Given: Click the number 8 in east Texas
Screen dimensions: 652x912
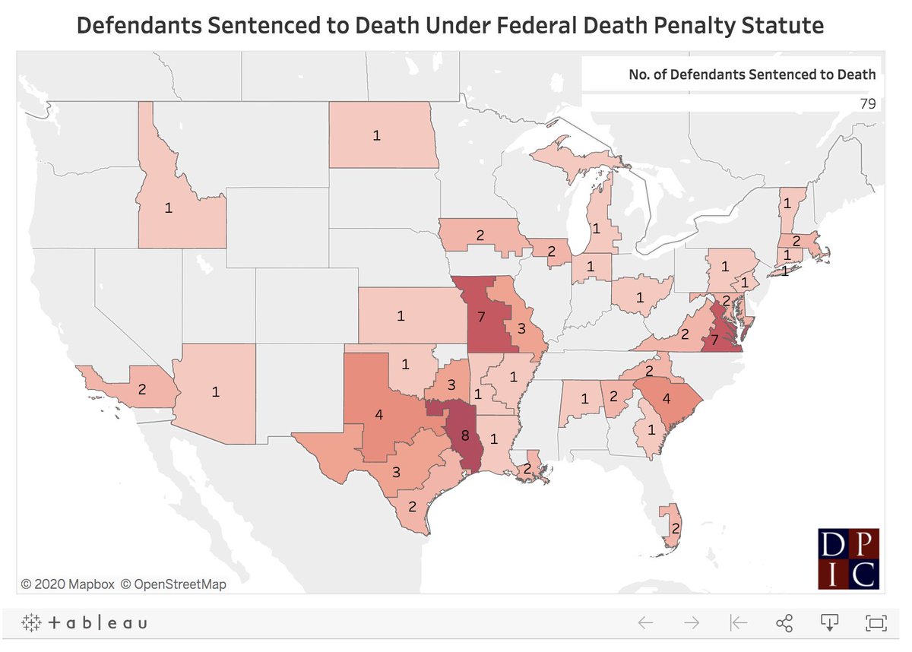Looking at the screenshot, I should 465,435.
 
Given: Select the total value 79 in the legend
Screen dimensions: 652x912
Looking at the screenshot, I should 867,103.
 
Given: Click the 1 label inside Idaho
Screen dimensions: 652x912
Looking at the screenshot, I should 168,207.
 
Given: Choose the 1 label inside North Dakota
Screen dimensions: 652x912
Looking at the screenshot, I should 375,135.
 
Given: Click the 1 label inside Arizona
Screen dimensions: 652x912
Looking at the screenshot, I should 216,392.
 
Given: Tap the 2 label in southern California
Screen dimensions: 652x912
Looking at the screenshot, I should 142,388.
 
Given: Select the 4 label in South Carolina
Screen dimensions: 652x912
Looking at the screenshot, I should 666,397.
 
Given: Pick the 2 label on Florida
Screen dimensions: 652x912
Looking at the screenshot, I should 676,527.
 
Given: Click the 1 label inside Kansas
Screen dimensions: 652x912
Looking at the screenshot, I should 401,315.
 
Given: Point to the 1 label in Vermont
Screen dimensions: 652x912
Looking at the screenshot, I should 787,204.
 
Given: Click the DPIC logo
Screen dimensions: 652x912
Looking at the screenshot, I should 848,559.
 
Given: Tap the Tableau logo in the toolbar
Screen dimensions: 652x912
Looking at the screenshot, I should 84,623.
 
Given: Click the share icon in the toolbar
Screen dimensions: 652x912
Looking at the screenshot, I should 784,623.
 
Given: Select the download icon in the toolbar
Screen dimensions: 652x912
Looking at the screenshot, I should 829,623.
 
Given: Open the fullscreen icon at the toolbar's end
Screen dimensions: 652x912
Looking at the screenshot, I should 876,623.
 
